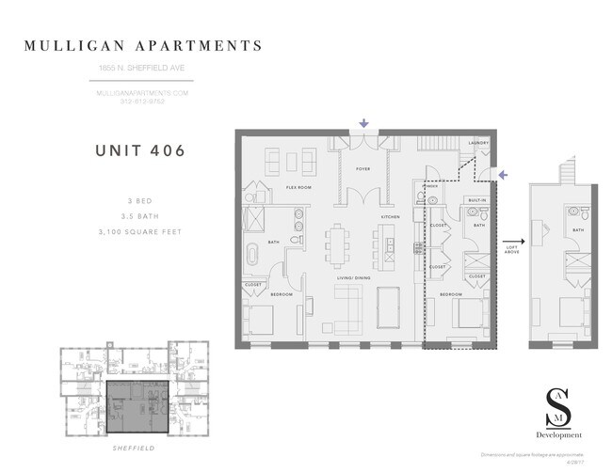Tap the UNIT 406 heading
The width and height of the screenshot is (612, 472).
tap(140, 149)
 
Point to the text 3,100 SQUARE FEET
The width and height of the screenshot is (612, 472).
tap(140, 231)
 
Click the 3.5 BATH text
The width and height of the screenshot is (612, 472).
tap(140, 215)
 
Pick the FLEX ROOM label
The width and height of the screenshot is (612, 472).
tap(299, 188)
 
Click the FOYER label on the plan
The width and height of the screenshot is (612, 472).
tap(362, 170)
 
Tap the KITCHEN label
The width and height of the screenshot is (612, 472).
tap(391, 217)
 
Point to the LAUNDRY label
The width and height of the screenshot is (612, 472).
tap(478, 143)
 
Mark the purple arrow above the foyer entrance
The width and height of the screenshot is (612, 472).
tap(364, 123)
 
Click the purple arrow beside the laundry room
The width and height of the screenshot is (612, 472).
tap(502, 174)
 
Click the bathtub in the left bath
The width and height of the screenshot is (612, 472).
tap(254, 256)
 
